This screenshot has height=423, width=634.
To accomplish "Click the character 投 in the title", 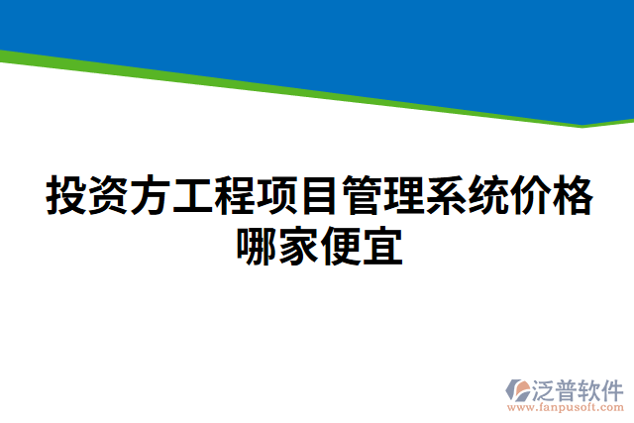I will point(65,195).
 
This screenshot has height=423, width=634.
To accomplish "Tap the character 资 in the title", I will point(107,195).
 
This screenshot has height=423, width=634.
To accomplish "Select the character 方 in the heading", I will point(150,195).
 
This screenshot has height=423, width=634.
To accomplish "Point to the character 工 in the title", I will point(192,195).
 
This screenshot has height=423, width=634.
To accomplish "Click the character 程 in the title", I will point(234,195).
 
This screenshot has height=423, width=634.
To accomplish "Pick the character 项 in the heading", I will point(276,195).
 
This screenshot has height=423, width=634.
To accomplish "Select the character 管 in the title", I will point(361,195).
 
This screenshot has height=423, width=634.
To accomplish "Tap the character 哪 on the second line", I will point(256,247).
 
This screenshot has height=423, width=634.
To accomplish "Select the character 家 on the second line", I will point(297,247).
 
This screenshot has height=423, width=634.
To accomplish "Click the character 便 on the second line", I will point(340,247).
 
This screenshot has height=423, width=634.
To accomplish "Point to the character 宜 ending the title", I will point(381,247).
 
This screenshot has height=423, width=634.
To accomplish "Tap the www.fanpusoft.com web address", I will point(566,407).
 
